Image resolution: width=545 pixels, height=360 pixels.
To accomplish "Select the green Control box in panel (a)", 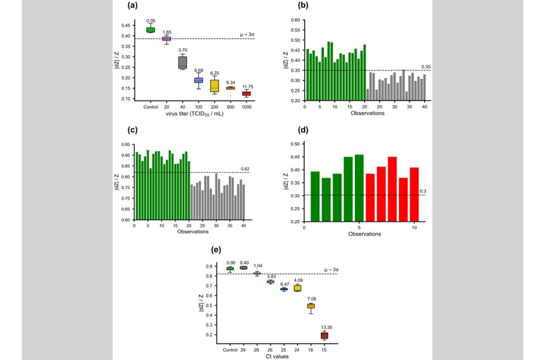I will point(150,30).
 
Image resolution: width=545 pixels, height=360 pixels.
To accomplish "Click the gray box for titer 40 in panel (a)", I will point(182,62).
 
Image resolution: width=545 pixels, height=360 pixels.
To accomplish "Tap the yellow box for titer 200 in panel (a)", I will point(214,85).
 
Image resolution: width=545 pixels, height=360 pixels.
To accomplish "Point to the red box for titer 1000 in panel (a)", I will point(246,94).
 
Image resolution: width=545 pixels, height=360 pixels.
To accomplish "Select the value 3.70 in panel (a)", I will point(182,50).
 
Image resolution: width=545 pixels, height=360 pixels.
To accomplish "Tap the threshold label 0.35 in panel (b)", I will point(426,67).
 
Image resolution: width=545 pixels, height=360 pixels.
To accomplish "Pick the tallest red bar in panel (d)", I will point(392,189).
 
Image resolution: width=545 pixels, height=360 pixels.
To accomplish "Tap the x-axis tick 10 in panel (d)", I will point(414,228).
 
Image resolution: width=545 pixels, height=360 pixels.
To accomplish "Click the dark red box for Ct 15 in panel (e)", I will point(324,335).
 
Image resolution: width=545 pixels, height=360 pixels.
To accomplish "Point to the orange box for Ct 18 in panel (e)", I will point(311,306).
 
